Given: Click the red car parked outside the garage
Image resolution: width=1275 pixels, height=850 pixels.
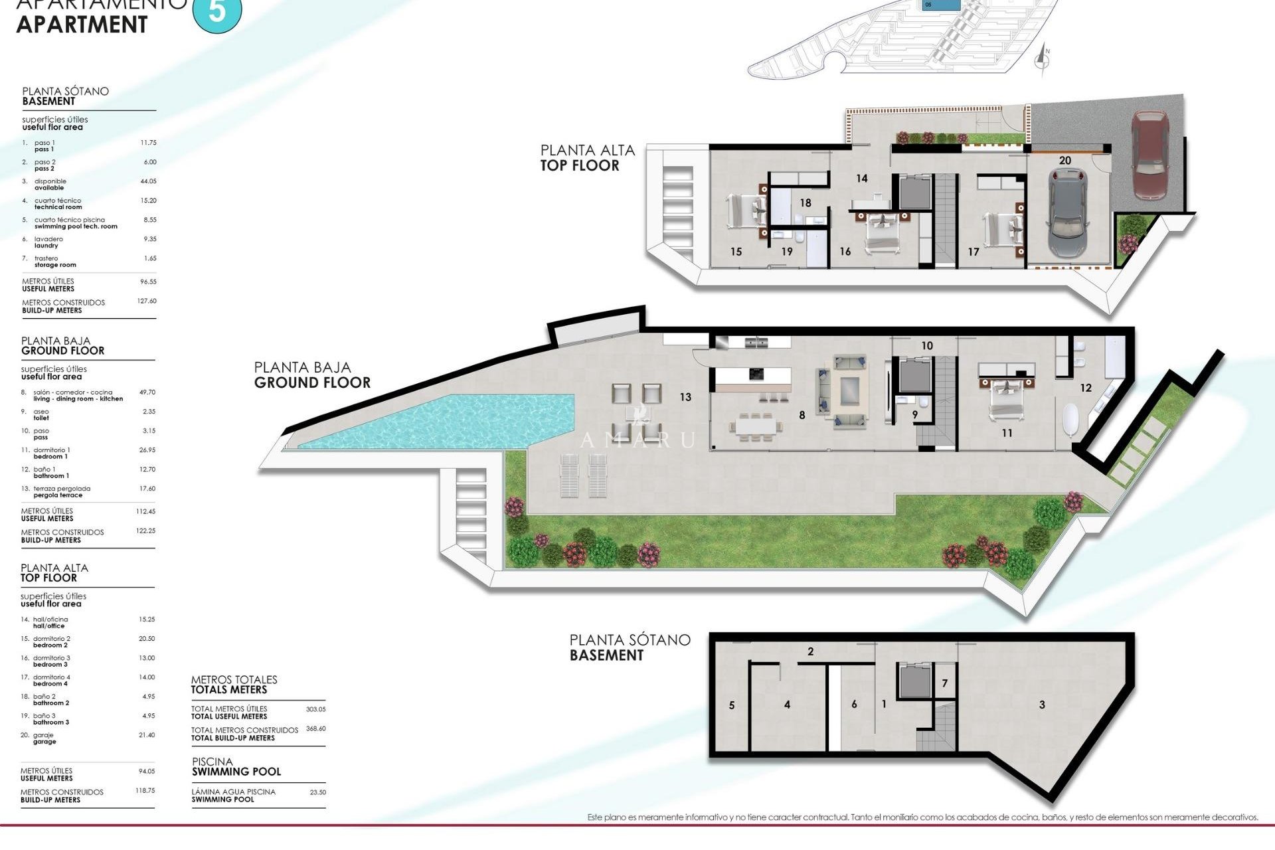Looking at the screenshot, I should pyautogui.click(x=1151, y=155).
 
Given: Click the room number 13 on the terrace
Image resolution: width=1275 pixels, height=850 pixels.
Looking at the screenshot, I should pyautogui.click(x=685, y=397).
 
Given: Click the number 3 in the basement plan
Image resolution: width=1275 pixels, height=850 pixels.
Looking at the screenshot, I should pyautogui.click(x=1042, y=705).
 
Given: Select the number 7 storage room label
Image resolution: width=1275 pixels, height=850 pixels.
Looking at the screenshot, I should pyautogui.click(x=944, y=683).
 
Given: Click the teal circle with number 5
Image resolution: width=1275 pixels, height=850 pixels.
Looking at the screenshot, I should pyautogui.click(x=217, y=11).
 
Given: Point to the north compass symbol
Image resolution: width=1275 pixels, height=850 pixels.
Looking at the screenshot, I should pyautogui.click(x=1043, y=59).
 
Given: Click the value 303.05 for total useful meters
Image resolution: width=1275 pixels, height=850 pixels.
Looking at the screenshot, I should pyautogui.click(x=315, y=709).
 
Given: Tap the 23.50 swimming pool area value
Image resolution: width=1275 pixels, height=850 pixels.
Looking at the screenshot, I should pyautogui.click(x=317, y=792).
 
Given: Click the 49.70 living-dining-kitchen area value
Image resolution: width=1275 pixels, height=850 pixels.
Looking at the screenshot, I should pyautogui.click(x=147, y=392).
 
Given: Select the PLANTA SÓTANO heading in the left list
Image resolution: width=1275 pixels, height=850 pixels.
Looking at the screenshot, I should pyautogui.click(x=65, y=92).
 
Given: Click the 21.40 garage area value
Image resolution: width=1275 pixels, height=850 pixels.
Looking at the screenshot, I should pyautogui.click(x=146, y=735).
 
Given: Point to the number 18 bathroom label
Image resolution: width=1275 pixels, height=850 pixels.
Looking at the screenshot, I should pyautogui.click(x=806, y=203).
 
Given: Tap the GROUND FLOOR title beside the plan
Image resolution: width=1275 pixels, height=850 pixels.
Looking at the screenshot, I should pyautogui.click(x=312, y=382).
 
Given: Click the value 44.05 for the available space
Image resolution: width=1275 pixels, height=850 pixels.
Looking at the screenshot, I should pyautogui.click(x=148, y=181).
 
